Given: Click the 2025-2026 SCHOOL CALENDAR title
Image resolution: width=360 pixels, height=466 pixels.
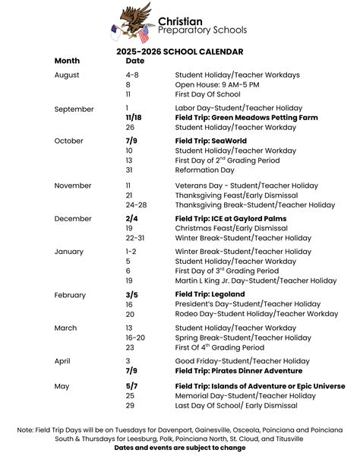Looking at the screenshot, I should click(x=179, y=52).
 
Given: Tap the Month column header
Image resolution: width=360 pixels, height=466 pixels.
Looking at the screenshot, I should click(x=67, y=61).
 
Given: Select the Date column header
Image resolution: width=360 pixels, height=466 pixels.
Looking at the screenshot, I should click(x=134, y=61).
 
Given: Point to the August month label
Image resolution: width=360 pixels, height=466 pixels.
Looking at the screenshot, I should click(x=67, y=74).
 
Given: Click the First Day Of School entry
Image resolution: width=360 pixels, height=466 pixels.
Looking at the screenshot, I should click(x=207, y=94).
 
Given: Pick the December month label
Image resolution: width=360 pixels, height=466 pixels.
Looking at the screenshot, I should click(x=73, y=219).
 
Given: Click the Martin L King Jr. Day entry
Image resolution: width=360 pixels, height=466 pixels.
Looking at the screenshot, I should click(x=255, y=281).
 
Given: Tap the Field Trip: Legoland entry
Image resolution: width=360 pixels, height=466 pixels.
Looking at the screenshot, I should click(x=210, y=294).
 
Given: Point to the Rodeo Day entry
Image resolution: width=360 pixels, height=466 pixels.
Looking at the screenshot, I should click(x=257, y=314).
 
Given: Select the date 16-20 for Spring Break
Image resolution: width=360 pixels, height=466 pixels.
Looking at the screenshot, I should click(x=136, y=338).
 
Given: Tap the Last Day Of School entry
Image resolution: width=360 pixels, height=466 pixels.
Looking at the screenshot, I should click(x=236, y=405).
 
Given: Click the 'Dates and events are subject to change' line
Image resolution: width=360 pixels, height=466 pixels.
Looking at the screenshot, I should click(x=179, y=449).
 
